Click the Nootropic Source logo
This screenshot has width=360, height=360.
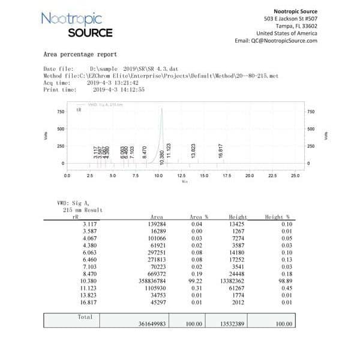(76, 25)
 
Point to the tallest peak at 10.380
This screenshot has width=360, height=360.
(161, 110)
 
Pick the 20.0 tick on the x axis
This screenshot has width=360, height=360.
(249, 176)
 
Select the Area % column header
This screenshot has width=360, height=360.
(200, 217)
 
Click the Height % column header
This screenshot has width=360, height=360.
(277, 217)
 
